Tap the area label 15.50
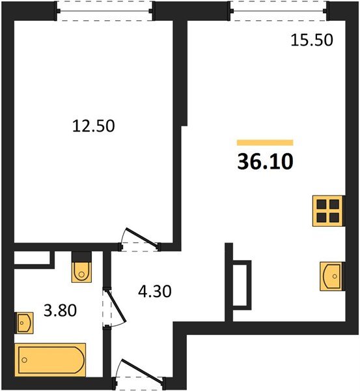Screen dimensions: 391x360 [311, 40]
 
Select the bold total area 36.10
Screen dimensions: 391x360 [265, 161]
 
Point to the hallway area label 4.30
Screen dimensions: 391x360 [154, 291]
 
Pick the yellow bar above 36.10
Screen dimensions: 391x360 [265, 142]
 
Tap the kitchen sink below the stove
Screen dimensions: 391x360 [332, 276]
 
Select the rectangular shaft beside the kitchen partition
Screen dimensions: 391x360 [242, 283]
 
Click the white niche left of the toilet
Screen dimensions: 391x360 [33, 258]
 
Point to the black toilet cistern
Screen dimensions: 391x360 [81, 256]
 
